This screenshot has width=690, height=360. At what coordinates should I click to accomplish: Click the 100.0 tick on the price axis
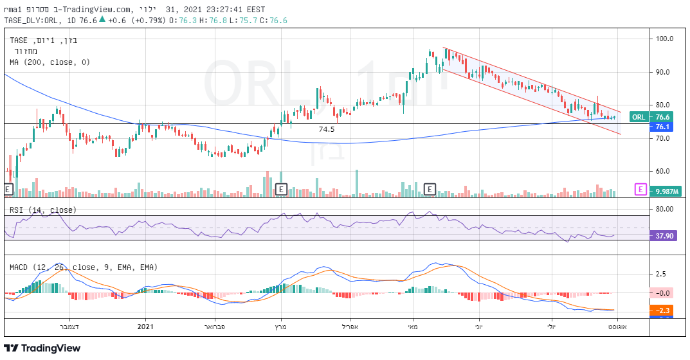(664, 39)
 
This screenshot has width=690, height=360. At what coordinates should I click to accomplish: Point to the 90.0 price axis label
(664, 72)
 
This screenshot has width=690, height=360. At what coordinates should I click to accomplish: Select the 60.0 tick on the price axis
(664, 172)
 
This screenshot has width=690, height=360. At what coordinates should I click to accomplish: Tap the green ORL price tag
(639, 117)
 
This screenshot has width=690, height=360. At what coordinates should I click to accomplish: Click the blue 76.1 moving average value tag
(662, 127)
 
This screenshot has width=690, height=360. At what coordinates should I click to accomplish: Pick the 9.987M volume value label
(662, 192)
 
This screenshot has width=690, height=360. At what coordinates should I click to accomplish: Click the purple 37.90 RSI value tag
(662, 236)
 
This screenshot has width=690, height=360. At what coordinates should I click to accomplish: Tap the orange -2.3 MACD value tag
(664, 310)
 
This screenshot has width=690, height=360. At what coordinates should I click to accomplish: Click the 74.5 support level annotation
(327, 129)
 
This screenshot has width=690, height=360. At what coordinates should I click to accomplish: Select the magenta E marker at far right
(640, 189)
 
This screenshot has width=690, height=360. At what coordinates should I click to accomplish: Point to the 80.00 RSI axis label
(664, 209)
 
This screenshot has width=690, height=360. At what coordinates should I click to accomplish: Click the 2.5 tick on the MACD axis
(660, 274)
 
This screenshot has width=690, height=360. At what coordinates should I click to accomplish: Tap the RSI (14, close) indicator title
(42, 210)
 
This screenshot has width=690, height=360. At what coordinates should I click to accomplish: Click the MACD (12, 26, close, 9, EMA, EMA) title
(84, 267)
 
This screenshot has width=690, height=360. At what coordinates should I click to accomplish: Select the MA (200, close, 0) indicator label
(50, 62)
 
